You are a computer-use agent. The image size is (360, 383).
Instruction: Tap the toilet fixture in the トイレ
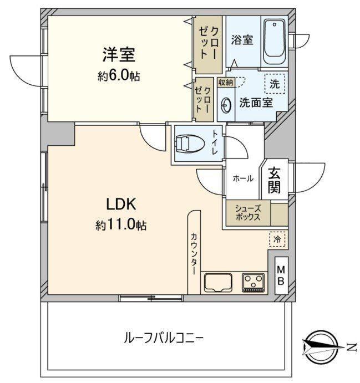point(190,144)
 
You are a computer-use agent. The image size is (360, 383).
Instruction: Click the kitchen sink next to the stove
point(218,283)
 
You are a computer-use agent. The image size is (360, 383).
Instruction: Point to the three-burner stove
point(253,283)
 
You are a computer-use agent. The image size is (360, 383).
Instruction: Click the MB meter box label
point(281,276)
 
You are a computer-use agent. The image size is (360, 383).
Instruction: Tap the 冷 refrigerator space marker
point(277,239)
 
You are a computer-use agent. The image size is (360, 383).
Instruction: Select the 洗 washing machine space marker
point(275,84)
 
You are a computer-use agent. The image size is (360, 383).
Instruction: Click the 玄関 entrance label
point(274,180)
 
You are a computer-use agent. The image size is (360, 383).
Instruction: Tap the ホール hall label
point(243,178)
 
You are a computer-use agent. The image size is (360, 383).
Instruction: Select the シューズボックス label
point(248,213)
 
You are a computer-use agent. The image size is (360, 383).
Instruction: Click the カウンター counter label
point(194,254)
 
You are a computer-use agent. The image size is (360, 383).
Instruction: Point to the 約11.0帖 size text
point(121,225)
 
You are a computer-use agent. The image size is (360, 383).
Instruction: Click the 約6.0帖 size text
point(119,76)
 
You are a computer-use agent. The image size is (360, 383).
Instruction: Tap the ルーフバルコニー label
point(164,339)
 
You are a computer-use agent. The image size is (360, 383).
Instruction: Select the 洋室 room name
point(119,55)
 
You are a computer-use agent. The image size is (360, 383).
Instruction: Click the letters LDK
point(121,204)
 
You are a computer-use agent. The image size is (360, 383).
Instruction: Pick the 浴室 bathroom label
point(242,40)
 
